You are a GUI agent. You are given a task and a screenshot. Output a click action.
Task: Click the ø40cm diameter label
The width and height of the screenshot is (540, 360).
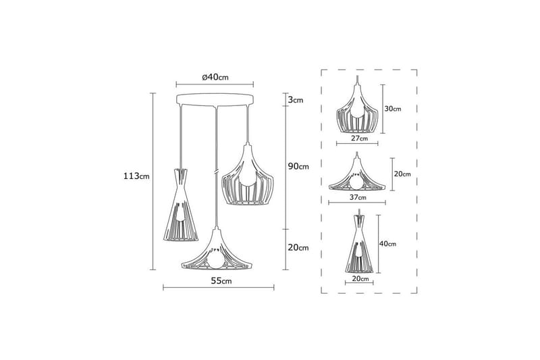click(x=216, y=77)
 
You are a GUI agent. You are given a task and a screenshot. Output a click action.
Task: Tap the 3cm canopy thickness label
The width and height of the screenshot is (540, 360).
click(x=295, y=100)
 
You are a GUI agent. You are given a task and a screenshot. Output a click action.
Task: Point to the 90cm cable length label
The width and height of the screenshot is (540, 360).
click(x=298, y=166)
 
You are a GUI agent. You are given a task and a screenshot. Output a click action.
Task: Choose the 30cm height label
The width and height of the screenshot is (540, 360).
click(x=393, y=108)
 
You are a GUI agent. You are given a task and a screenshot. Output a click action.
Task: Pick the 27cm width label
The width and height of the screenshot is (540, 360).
click(x=359, y=138)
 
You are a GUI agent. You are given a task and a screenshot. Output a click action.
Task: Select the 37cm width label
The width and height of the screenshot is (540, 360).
click(x=358, y=198)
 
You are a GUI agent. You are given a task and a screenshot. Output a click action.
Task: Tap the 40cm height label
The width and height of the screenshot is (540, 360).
click(x=387, y=243)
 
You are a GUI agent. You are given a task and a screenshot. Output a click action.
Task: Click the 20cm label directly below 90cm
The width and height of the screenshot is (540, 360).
click(x=298, y=248)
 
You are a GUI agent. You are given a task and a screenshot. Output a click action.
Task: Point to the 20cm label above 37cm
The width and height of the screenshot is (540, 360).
click(x=402, y=174)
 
